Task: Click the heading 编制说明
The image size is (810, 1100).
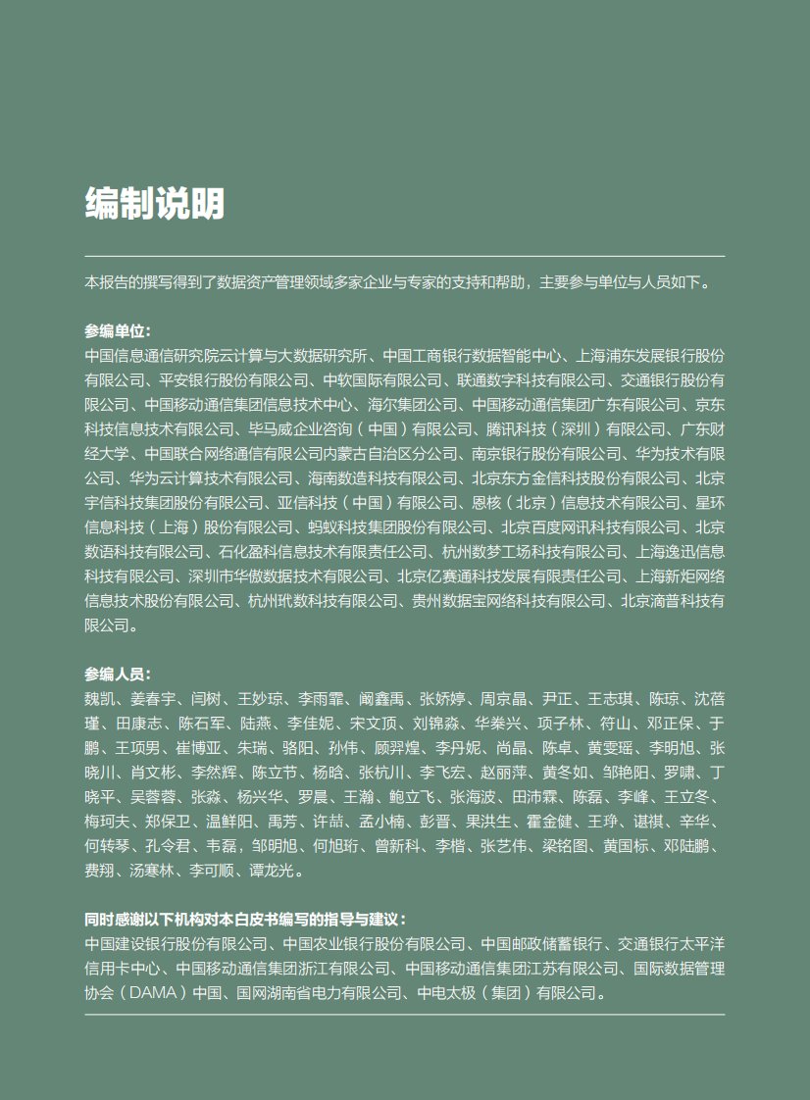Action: pos(155,204)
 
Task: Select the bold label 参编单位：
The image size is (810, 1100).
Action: pos(118,331)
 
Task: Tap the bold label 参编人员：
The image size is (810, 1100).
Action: pos(118,675)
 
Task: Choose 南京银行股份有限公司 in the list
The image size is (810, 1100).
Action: pos(544,453)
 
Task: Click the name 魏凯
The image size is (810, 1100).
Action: pos(99,699)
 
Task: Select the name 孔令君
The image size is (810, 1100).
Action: pos(162,846)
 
